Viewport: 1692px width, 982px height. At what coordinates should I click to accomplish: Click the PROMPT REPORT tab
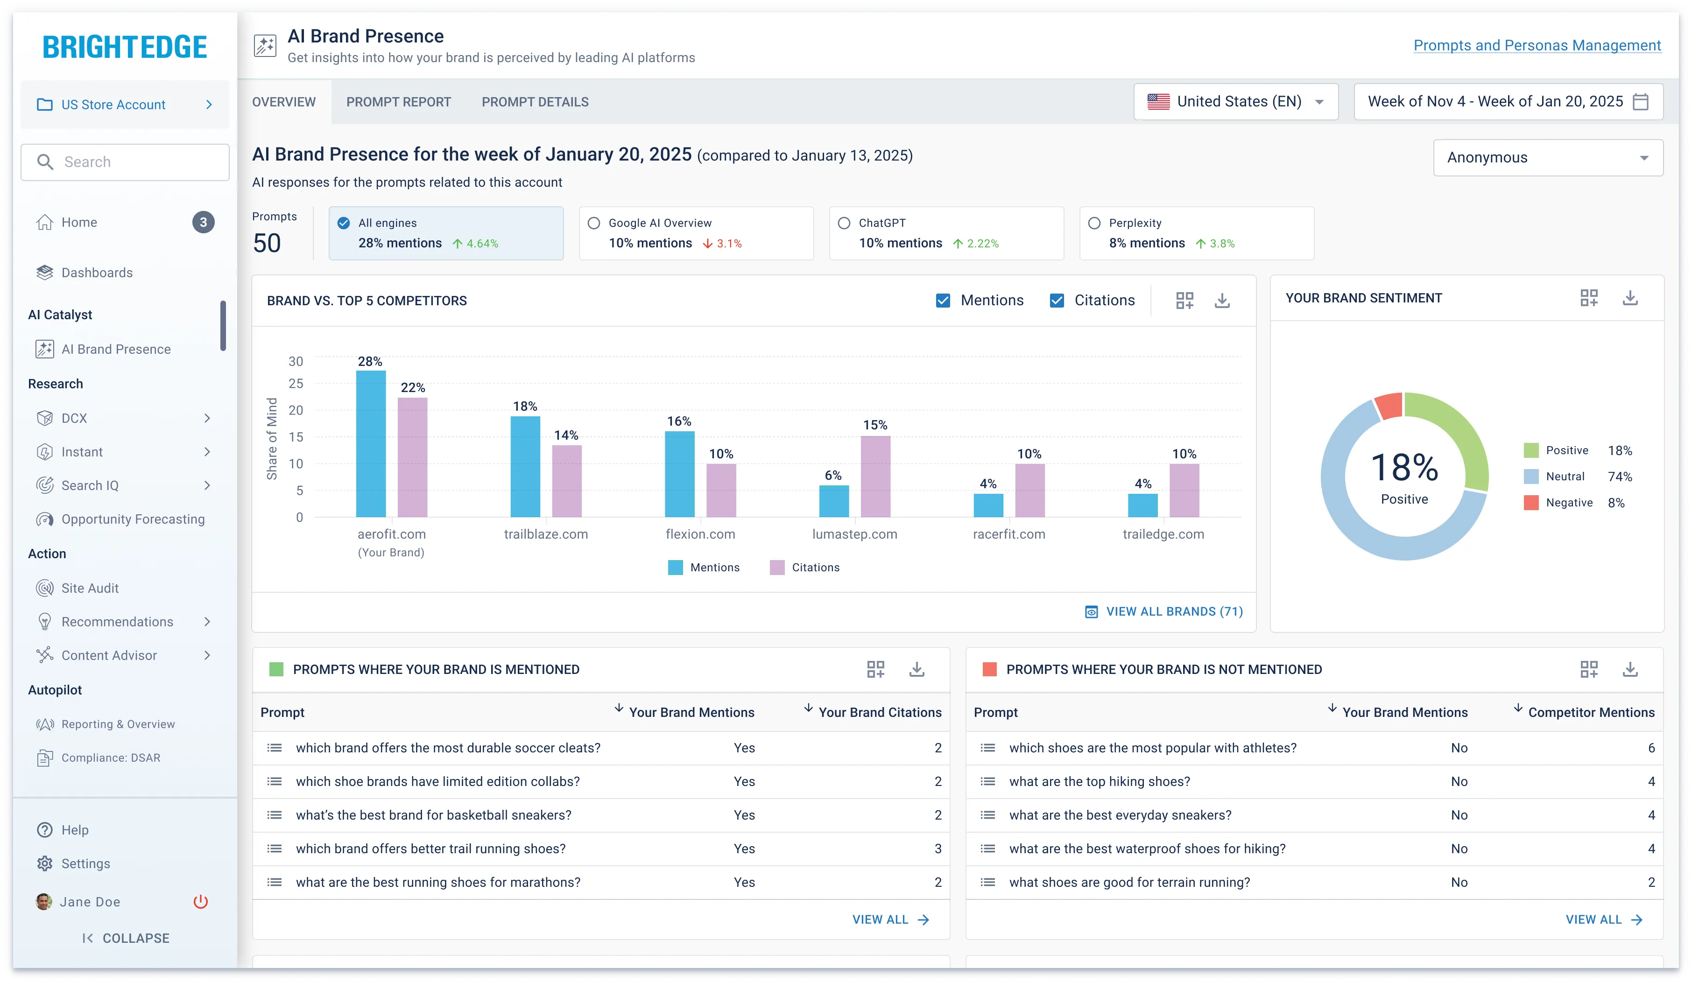coord(398,102)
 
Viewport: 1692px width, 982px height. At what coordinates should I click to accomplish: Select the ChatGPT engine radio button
coord(844,223)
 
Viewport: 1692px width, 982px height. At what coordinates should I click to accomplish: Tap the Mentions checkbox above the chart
coord(943,301)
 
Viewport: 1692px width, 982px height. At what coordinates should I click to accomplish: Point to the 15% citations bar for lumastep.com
coord(875,476)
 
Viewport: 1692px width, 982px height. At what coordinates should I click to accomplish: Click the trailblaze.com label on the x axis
coord(546,534)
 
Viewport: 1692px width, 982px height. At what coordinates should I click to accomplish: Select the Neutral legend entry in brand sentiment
coord(1565,477)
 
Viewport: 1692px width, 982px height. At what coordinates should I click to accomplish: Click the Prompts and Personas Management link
coord(1537,46)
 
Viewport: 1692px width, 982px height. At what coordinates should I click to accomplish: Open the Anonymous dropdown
coord(1548,158)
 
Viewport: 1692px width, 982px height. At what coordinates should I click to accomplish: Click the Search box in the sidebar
coord(125,162)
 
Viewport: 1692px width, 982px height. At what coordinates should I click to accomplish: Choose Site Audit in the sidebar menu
coord(90,588)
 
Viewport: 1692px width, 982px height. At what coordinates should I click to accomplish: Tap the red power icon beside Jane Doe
coord(201,901)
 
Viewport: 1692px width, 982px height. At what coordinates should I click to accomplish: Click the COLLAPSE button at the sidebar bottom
coord(126,938)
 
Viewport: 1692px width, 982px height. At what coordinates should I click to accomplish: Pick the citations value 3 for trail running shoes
coord(938,849)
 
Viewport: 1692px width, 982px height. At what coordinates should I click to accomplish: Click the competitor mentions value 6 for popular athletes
coord(1651,748)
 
